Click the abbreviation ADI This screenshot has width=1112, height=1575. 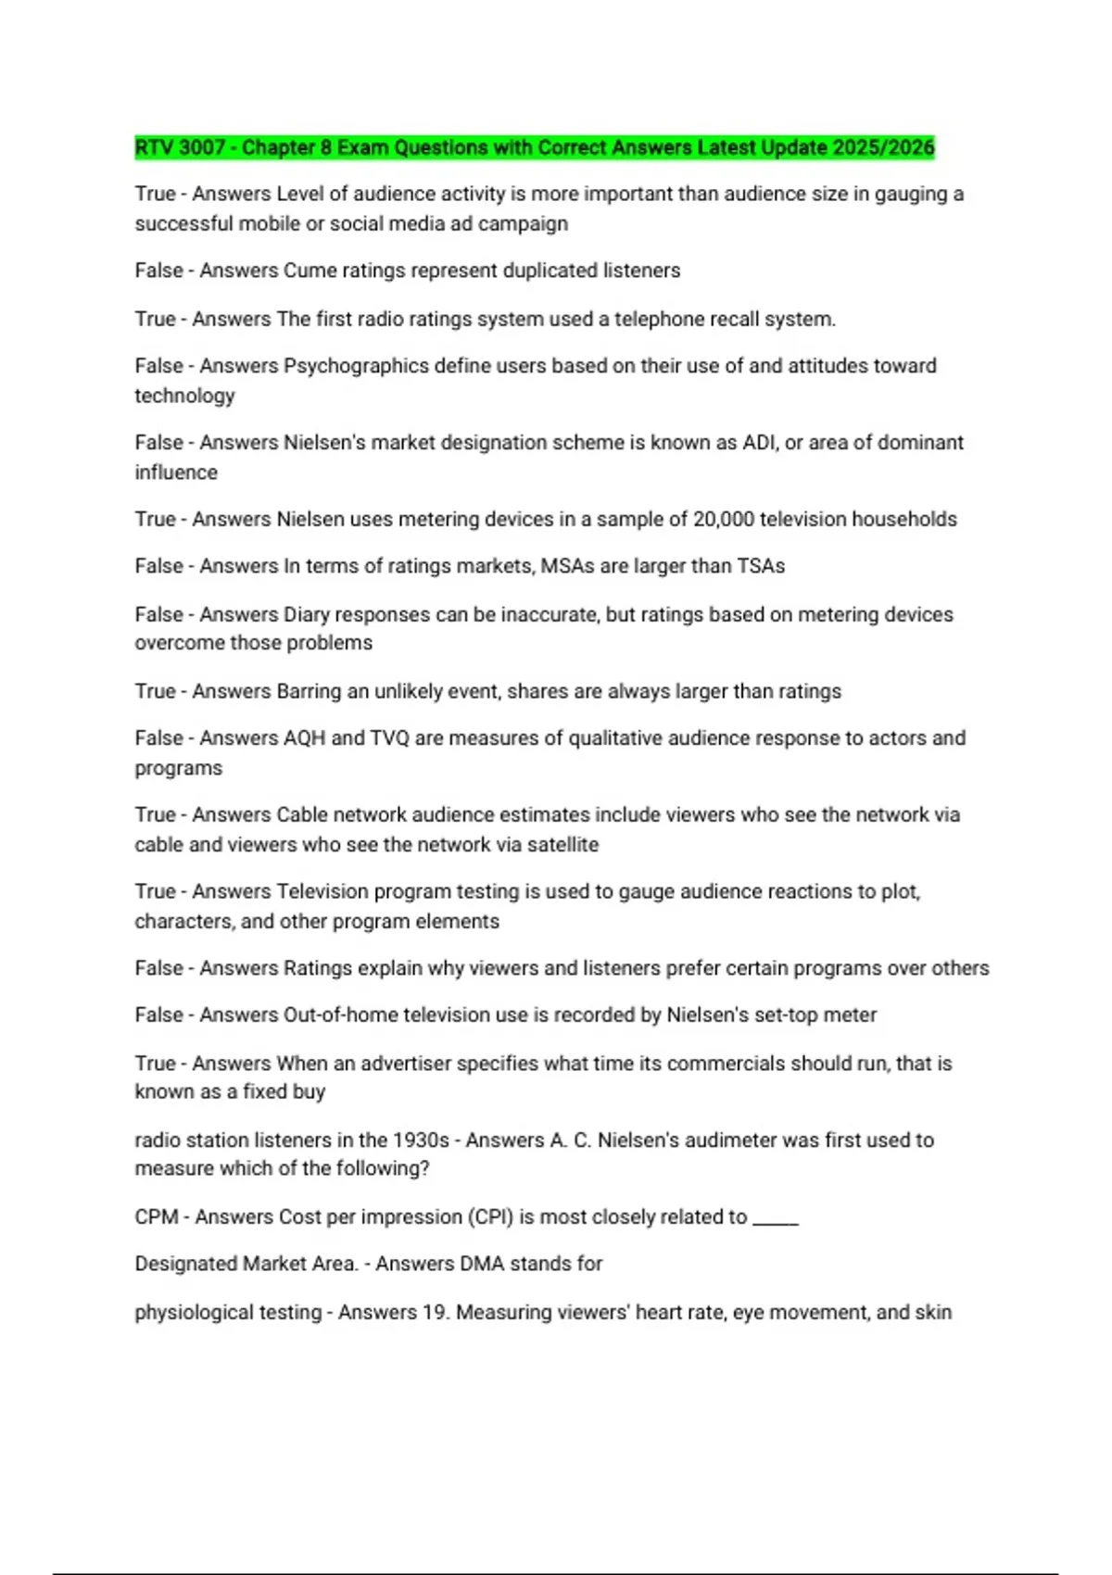[760, 443]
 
